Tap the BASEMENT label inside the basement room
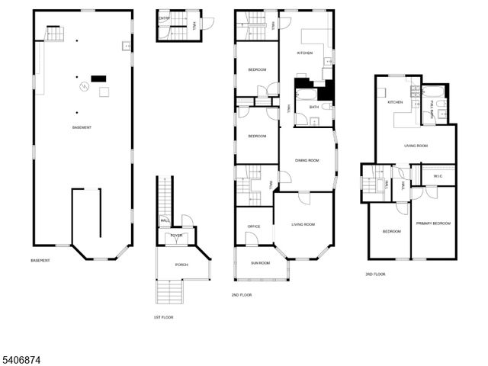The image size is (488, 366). pyautogui.click(x=82, y=127)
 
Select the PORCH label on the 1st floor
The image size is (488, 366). pyautogui.click(x=181, y=265)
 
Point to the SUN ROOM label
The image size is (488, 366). pyautogui.click(x=261, y=263)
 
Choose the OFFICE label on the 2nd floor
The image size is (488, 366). pyautogui.click(x=254, y=226)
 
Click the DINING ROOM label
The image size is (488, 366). pyautogui.click(x=307, y=160)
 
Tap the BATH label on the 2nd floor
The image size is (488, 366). pyautogui.click(x=313, y=107)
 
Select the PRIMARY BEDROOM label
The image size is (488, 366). pyautogui.click(x=433, y=223)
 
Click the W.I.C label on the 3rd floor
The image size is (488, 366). pyautogui.click(x=437, y=177)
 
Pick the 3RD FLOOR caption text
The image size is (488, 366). pyautogui.click(x=375, y=274)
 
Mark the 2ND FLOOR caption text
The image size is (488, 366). pyautogui.click(x=241, y=294)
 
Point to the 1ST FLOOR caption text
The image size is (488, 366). pyautogui.click(x=163, y=316)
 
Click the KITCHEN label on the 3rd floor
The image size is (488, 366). pyautogui.click(x=395, y=102)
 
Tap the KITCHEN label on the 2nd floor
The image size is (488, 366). pyautogui.click(x=305, y=53)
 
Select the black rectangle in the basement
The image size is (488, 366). pyautogui.click(x=98, y=78)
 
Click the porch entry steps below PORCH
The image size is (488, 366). pyautogui.click(x=169, y=291)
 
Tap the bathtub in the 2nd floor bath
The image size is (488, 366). pyautogui.click(x=303, y=96)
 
